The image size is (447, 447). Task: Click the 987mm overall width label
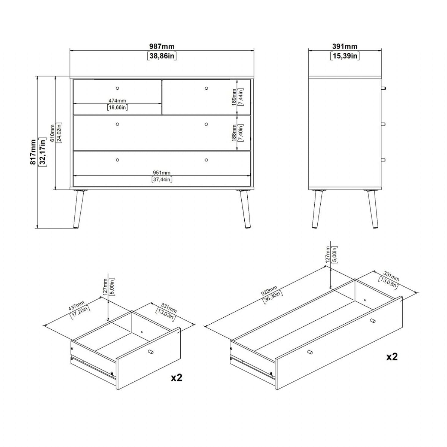coord(162,46)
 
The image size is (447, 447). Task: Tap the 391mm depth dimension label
coord(345,46)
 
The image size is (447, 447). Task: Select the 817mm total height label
coord(33,152)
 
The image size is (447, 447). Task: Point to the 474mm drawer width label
coord(117,101)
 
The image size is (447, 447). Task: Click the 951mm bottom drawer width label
coord(162,173)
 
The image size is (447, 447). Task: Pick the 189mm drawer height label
coord(234,97)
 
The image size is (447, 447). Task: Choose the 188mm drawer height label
coord(234,133)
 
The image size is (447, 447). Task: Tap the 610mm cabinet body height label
coord(52,133)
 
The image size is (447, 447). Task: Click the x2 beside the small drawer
coord(176,378)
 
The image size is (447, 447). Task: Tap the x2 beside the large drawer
coord(392,357)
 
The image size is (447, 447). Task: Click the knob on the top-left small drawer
coord(117,88)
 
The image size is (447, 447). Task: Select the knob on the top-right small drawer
coord(206,88)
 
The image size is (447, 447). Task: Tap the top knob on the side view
coord(384,88)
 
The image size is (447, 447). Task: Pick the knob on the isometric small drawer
coord(150,352)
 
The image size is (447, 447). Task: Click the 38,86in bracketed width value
coord(162,56)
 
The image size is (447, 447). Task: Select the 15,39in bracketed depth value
coord(345,56)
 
